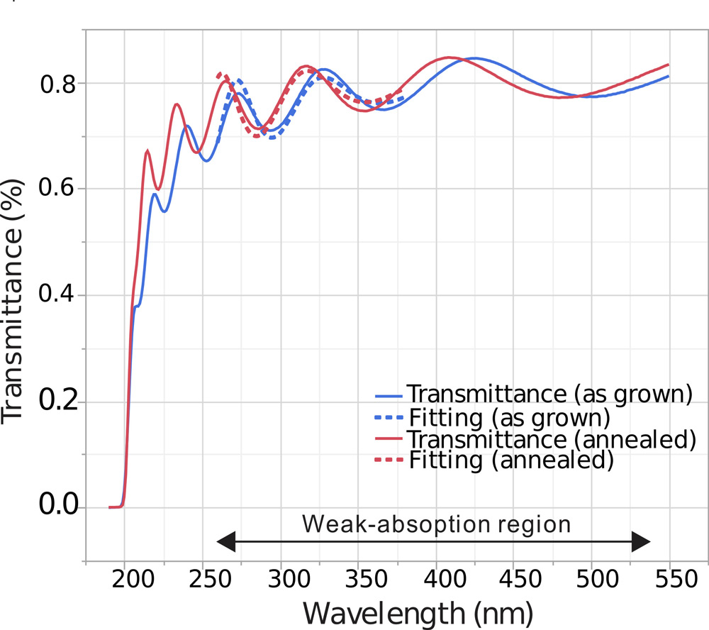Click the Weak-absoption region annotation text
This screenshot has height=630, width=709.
point(436,524)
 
